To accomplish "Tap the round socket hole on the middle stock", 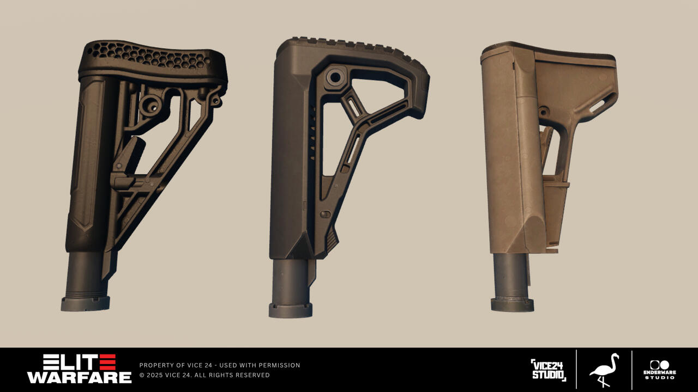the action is tap(335, 77).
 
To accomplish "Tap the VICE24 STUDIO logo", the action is tap(549, 370).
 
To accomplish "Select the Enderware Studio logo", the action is tap(660, 370).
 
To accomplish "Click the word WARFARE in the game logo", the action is tap(79, 377).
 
